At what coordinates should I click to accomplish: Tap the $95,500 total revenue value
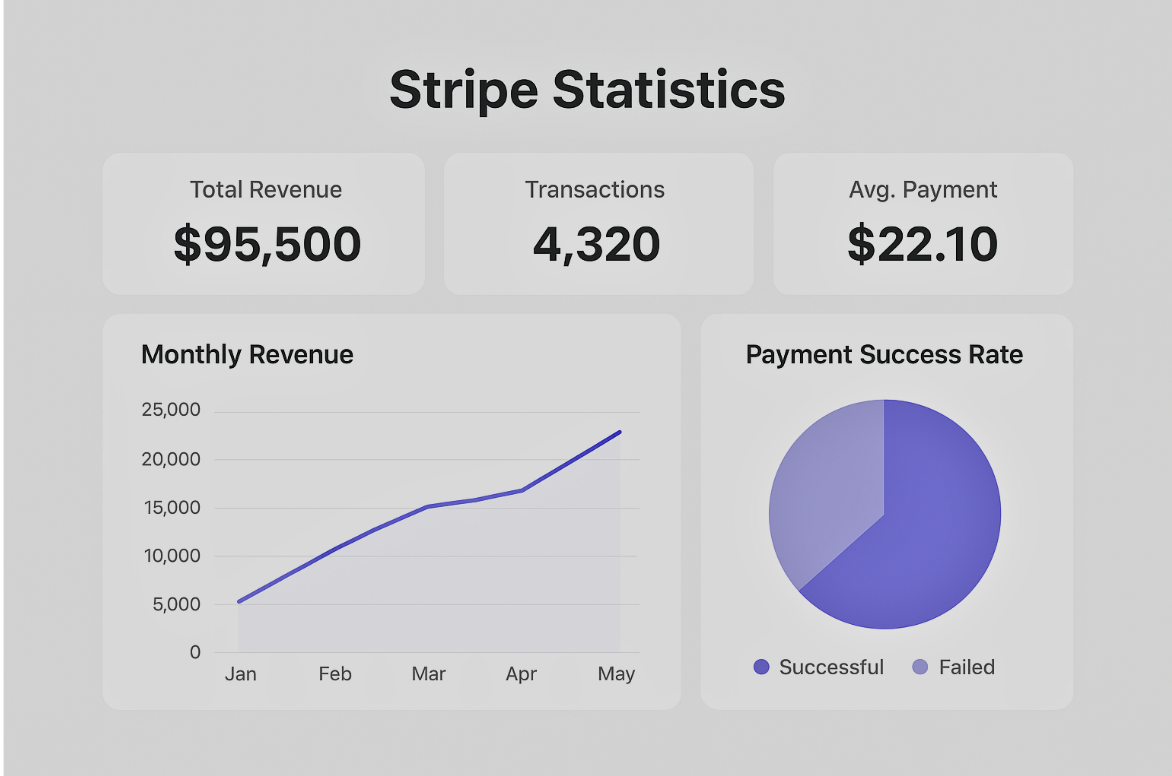267,244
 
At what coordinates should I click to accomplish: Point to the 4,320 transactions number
596,244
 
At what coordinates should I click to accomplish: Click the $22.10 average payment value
923,244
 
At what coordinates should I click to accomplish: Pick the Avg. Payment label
923,189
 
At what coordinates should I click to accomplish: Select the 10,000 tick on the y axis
172,556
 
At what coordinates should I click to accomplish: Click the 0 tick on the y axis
195,652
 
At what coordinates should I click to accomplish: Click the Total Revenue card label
266,189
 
